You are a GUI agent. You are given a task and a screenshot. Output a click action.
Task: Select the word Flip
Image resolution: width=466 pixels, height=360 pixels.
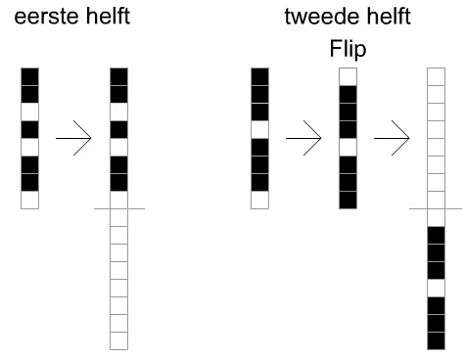point(348,50)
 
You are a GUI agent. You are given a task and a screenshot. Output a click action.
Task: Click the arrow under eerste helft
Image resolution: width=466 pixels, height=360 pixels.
point(73,138)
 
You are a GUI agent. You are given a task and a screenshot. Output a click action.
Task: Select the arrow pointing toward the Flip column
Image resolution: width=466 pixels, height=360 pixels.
point(303,138)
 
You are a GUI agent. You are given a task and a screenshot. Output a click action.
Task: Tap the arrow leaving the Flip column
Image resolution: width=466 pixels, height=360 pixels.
point(392,138)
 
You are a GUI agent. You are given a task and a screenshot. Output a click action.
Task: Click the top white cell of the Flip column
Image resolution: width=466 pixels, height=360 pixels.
point(348,76)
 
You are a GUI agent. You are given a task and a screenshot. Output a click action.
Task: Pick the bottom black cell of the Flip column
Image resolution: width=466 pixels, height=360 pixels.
point(348,200)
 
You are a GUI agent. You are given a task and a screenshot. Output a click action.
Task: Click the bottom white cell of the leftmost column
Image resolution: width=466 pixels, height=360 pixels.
point(29,200)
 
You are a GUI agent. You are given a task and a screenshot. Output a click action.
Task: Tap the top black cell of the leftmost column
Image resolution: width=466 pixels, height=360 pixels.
point(29,76)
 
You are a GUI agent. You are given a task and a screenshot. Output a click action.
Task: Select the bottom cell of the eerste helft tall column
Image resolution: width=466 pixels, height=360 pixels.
point(118,340)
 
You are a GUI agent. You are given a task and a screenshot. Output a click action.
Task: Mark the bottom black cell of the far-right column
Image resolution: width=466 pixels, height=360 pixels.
point(436,340)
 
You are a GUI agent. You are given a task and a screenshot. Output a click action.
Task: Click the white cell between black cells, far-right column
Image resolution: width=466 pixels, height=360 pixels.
point(436,288)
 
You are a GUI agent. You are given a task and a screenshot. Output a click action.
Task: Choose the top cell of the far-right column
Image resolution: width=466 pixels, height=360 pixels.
point(436,76)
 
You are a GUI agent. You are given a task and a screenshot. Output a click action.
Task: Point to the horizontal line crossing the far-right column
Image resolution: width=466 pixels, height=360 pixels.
point(436,208)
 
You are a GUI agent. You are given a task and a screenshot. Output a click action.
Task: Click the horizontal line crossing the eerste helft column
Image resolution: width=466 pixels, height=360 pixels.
point(119,208)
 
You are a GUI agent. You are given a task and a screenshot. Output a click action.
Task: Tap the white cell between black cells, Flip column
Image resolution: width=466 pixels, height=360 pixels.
point(348,147)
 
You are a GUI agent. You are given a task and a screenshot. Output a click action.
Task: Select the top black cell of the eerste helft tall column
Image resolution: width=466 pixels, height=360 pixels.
point(118,76)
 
